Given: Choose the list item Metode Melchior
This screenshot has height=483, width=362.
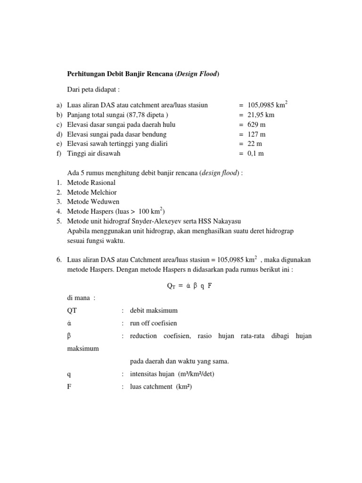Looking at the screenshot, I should [x=92, y=192].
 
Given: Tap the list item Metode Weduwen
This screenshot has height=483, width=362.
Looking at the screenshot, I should [x=92, y=201].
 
